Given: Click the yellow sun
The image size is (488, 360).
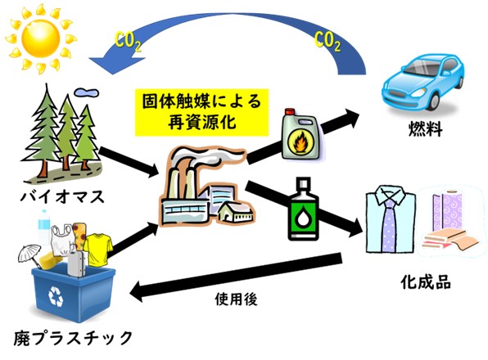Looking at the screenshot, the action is point(41,38).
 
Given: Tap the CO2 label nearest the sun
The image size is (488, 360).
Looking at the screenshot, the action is point(128,42).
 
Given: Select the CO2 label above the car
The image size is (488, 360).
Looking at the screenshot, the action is point(328,42).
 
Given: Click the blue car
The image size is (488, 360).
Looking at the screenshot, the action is point(423,82).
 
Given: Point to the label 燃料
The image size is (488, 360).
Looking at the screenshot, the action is point(426,128).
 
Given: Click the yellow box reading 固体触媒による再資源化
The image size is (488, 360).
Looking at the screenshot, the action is point(201,112).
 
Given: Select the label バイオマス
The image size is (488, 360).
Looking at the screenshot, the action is point(62,197).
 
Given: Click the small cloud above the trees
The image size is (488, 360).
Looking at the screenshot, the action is point(86,92).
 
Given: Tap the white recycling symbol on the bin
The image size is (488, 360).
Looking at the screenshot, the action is point(56,295).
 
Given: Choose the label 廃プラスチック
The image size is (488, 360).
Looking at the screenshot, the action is point(73,338).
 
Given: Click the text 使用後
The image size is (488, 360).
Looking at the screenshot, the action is point(236,299).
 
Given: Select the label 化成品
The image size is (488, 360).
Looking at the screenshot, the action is point(426,282).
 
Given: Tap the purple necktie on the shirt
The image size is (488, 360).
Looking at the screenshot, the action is point(388,223).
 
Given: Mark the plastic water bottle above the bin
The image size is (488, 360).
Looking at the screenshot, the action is point(44,227).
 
